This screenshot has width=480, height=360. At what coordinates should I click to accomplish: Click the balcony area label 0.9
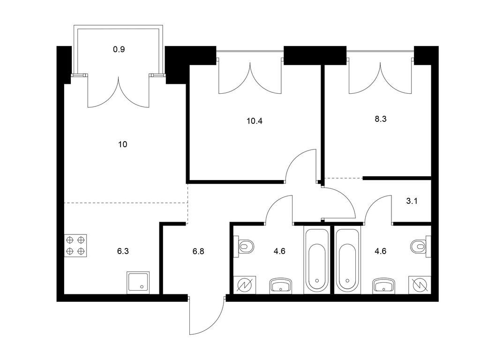tap(119, 49)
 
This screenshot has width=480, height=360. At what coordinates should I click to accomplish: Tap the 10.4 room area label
tap(255, 121)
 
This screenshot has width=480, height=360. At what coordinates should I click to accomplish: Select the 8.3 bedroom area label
tap(381, 119)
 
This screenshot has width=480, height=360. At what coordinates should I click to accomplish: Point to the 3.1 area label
tap(412, 201)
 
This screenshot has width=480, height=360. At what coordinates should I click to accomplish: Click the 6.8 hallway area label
tap(198, 252)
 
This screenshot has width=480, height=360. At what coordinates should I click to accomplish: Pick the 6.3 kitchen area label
tap(123, 252)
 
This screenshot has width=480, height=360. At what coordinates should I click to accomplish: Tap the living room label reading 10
tap(122, 144)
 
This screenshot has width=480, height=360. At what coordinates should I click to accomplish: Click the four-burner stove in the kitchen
tap(75, 245)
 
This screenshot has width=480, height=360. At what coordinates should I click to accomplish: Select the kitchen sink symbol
tap(138, 283)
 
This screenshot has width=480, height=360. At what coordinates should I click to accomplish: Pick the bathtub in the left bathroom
tap(317, 260)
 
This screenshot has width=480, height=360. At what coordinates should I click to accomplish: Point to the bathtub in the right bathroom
tap(347, 260)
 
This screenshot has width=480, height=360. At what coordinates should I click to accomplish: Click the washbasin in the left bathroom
tap(280, 286)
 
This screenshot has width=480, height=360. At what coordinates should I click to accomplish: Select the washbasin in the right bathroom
tap(384, 286)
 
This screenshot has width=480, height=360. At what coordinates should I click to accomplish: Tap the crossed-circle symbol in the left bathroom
tap(245, 285)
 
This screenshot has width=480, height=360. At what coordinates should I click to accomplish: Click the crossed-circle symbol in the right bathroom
tap(420, 285)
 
